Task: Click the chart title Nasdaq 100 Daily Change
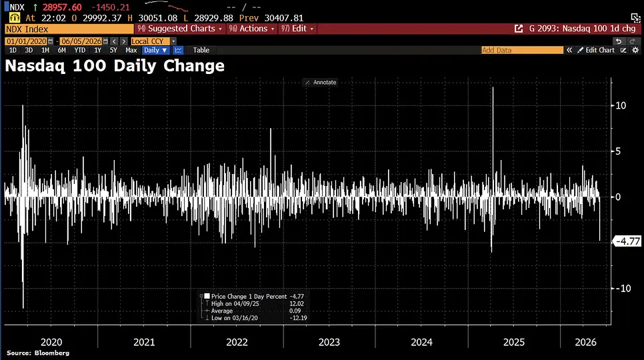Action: (115, 66)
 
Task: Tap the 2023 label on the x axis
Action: (329, 343)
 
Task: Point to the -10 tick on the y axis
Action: (623, 289)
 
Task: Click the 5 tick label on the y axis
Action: (618, 151)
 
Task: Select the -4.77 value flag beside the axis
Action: (627, 241)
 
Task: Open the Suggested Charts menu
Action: (179, 29)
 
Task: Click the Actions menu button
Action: (251, 29)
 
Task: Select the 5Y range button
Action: (113, 50)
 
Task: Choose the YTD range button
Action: (80, 50)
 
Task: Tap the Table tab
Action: (201, 50)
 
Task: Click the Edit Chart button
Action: (596, 50)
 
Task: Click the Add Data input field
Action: (522, 50)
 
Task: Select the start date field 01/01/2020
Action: (26, 41)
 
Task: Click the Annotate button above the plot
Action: (321, 83)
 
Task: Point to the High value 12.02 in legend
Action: (297, 304)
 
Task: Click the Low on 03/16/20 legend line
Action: (235, 318)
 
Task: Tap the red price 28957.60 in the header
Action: (62, 7)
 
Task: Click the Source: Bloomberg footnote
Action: (38, 353)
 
